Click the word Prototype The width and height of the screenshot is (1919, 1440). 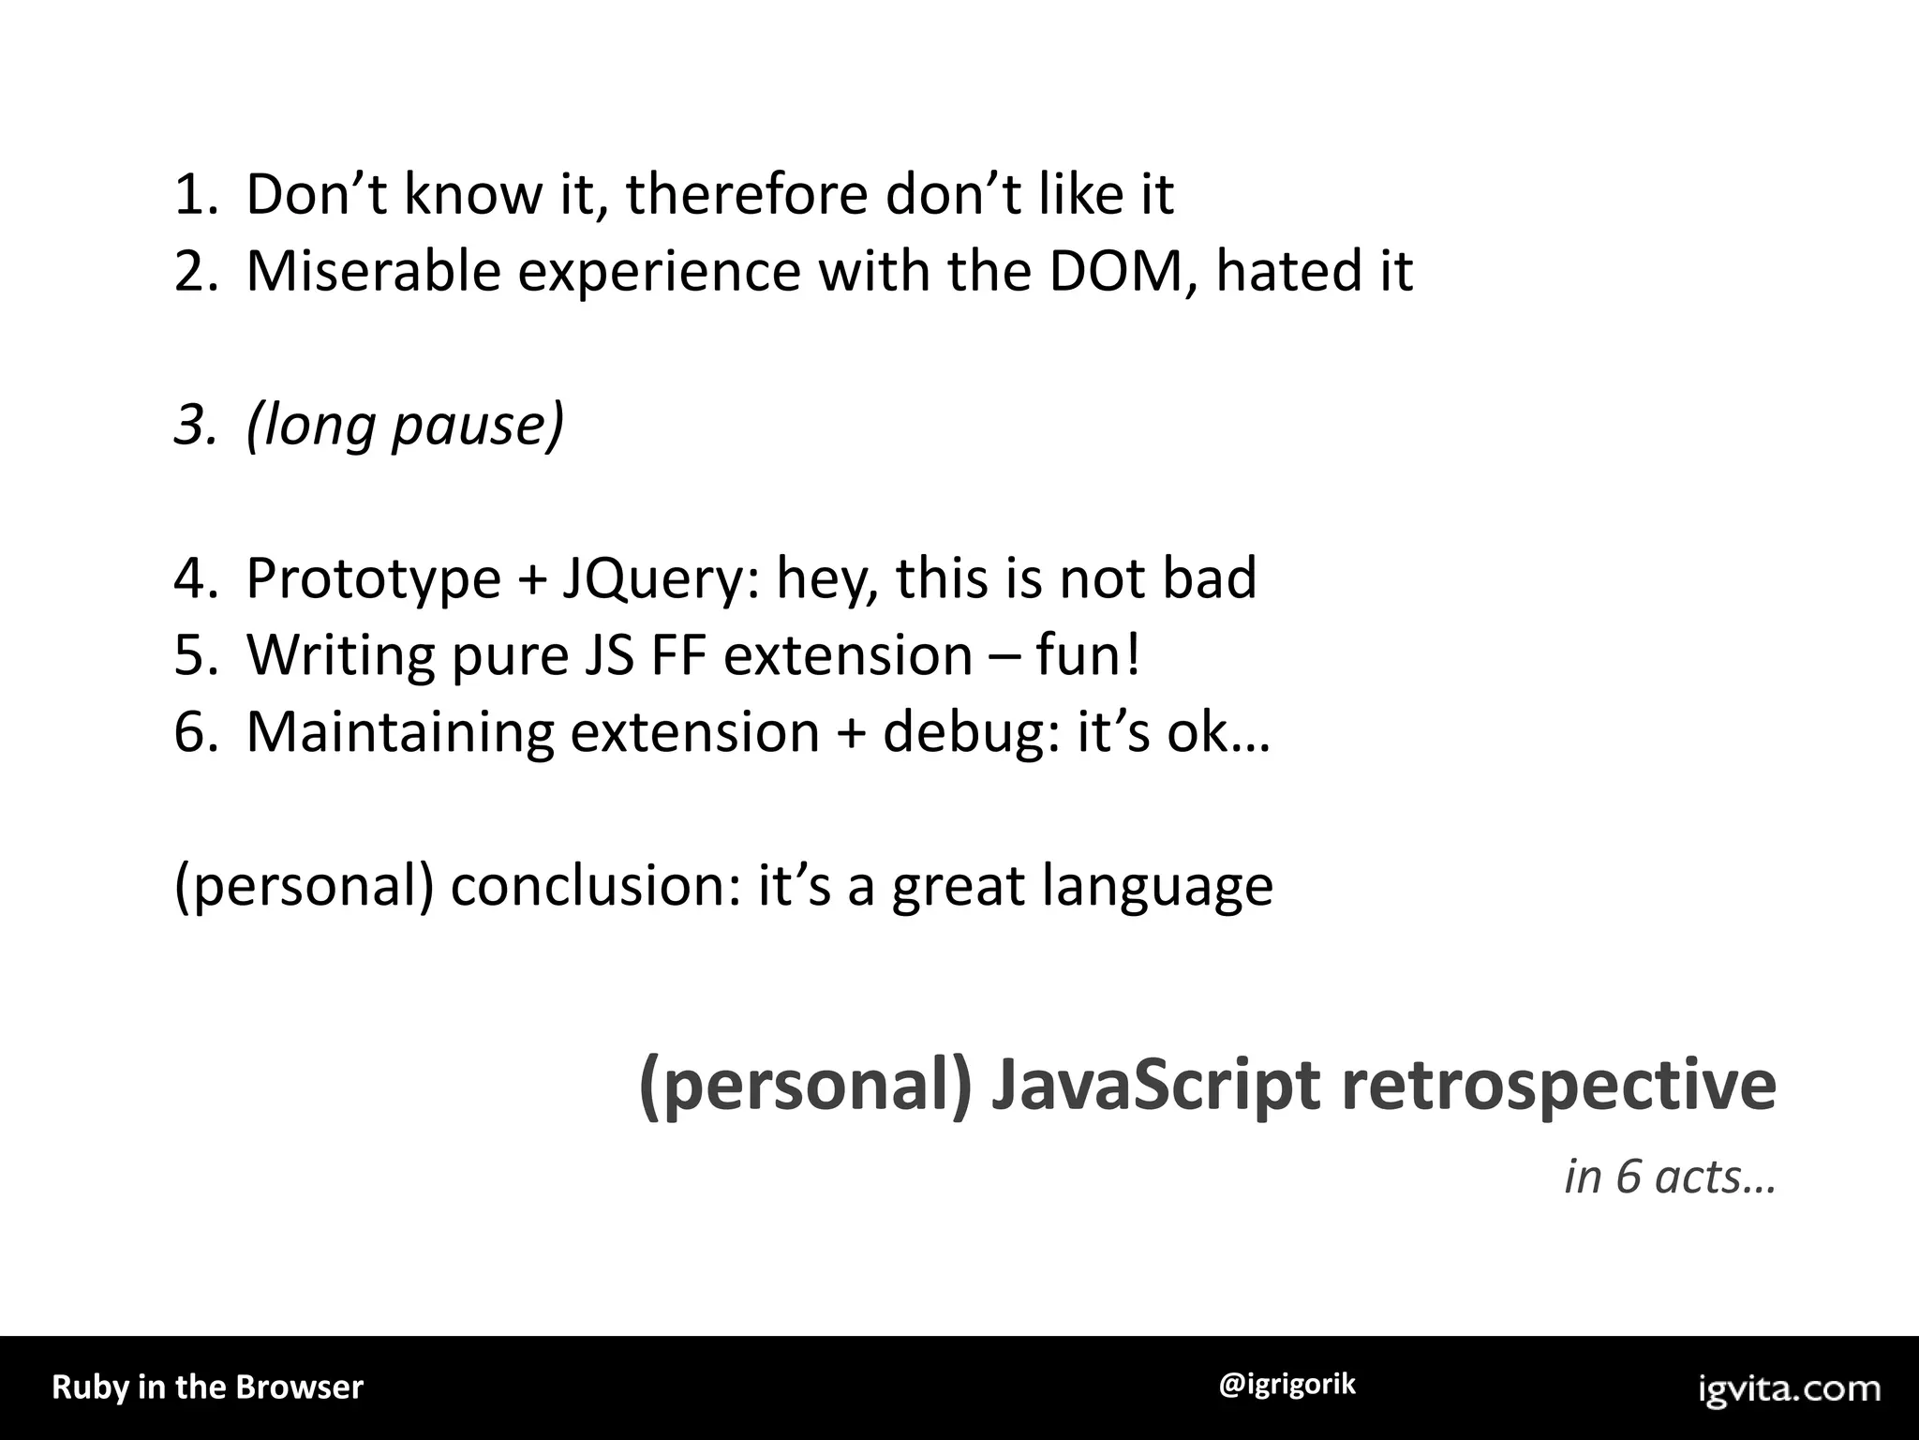[x=373, y=578]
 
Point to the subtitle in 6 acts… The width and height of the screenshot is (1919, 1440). [x=1670, y=1177]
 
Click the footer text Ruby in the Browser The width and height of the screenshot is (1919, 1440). [x=207, y=1387]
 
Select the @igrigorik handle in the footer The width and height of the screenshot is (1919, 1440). [x=1287, y=1385]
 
